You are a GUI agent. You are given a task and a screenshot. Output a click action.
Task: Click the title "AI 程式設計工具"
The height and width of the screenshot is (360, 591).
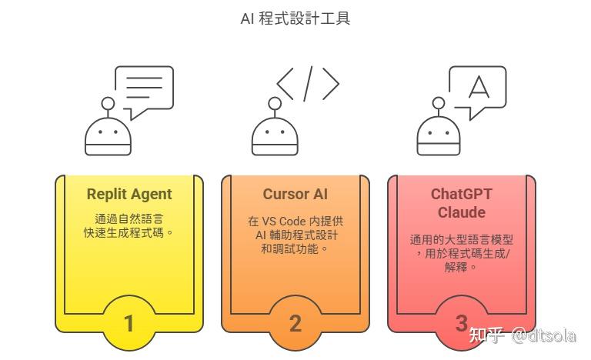click(295, 18)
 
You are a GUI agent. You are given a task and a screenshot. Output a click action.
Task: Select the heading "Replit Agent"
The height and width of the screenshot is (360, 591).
click(129, 194)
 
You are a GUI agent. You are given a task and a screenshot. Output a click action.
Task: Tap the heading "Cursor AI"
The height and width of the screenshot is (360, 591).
click(295, 194)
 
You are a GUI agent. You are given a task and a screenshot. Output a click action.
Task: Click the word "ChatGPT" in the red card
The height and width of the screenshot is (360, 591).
click(462, 194)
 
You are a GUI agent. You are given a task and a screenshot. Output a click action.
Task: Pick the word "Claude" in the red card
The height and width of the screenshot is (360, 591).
click(462, 212)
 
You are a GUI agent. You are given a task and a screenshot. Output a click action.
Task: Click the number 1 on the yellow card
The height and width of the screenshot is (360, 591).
click(129, 323)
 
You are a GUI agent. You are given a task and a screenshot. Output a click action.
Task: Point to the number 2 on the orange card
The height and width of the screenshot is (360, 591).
click(295, 323)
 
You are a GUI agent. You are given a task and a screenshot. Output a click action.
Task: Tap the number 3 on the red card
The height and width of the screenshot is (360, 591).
click(462, 322)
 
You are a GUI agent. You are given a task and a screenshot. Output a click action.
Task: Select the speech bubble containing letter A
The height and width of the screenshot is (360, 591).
click(477, 88)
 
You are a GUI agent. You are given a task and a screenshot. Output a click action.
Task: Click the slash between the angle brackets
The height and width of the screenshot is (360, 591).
click(308, 84)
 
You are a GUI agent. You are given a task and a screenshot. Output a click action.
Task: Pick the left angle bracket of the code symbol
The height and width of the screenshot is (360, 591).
click(285, 84)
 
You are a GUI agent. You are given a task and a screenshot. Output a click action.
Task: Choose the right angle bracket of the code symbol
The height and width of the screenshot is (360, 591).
click(331, 84)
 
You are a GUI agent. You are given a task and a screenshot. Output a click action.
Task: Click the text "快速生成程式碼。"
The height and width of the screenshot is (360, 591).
click(129, 232)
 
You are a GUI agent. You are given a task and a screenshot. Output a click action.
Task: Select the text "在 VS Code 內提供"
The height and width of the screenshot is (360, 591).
click(295, 221)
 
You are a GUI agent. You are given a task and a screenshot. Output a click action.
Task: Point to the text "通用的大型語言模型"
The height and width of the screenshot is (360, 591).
click(462, 240)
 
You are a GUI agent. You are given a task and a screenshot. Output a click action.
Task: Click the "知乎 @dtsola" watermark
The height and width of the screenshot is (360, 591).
click(523, 336)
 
